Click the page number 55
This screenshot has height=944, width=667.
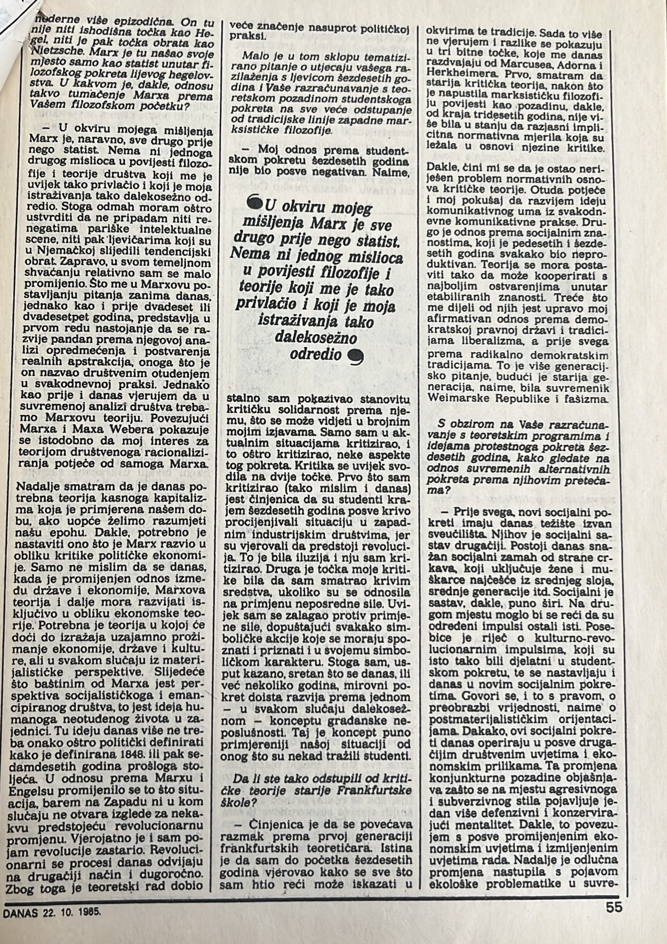point(614,907)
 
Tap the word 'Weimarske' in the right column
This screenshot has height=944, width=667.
point(454,398)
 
